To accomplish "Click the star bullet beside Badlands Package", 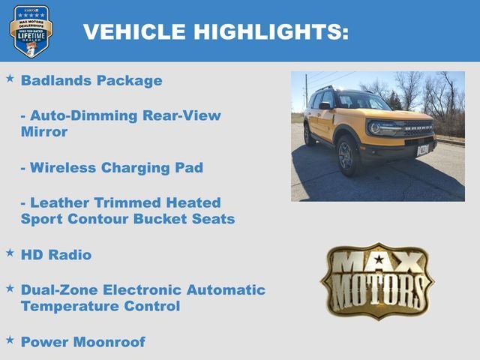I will click(10, 78).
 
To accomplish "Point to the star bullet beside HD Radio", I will click(10, 253).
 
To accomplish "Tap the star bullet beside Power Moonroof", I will click(10, 340).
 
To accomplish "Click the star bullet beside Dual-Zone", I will click(10, 287).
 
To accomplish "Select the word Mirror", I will click(44, 132).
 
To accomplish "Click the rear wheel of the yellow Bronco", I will click(308, 135).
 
